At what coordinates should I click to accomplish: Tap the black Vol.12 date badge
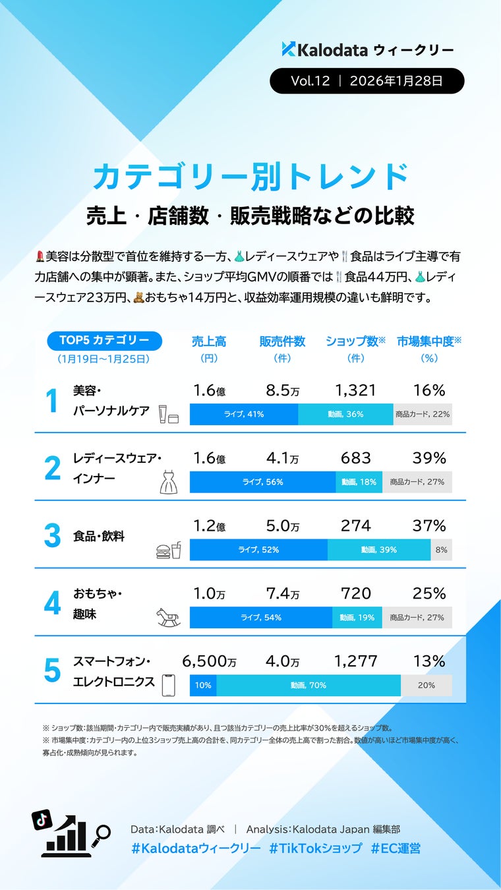pos(367,81)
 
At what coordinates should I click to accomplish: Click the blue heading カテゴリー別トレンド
pos(250,177)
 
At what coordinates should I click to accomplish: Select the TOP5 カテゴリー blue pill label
pos(104,340)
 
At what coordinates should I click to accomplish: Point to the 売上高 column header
pos(209,341)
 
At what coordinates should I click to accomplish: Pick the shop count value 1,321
pos(355,390)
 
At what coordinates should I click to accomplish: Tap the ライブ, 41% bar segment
pos(244,414)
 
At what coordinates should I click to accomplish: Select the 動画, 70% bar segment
pos(309,685)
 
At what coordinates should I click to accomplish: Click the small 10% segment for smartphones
pos(203,685)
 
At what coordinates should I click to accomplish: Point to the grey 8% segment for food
pos(441,549)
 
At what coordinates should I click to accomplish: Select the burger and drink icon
pos(169,550)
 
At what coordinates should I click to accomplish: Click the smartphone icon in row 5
pos(169,684)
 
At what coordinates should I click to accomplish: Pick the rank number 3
pos(52,536)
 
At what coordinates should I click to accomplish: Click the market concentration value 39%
pos(429,458)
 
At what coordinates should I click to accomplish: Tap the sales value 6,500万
pos(209,661)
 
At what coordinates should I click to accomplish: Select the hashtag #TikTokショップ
pos(315,848)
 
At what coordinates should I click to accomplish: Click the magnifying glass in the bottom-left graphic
pos(102,833)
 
